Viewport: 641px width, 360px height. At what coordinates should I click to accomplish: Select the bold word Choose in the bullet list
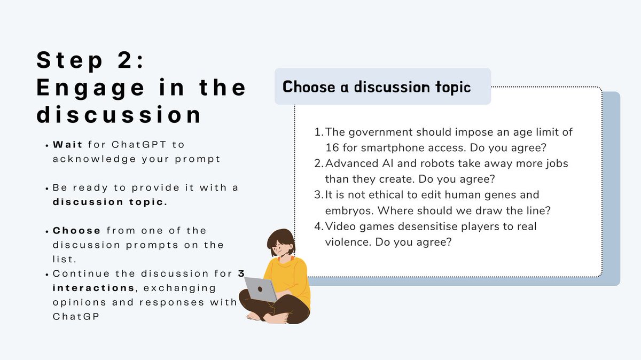click(77, 231)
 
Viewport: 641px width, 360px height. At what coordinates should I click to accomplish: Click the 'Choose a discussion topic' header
click(377, 87)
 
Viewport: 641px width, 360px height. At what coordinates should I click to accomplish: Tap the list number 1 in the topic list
click(319, 131)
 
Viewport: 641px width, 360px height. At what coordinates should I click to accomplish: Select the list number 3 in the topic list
click(319, 195)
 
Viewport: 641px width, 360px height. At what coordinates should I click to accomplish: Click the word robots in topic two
click(418, 163)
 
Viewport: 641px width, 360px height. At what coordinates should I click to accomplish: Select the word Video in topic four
click(339, 226)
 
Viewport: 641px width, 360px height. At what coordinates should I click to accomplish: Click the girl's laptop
click(261, 289)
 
